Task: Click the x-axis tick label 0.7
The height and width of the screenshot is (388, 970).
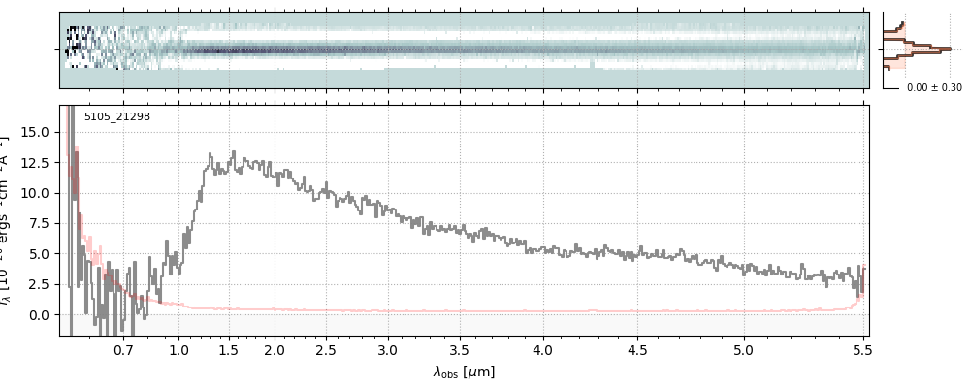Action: (x=123, y=349)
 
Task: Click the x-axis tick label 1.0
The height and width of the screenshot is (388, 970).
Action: (x=178, y=349)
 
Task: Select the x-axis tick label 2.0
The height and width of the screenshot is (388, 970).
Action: (x=275, y=349)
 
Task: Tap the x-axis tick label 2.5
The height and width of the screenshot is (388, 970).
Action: (x=326, y=349)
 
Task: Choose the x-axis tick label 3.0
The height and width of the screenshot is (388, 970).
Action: (x=388, y=349)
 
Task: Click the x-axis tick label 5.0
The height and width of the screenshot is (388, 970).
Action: (x=743, y=349)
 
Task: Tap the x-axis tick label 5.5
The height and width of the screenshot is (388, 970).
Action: (x=860, y=349)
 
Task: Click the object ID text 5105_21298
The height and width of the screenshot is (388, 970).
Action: (x=116, y=117)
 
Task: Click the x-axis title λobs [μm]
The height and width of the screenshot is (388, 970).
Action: (x=464, y=372)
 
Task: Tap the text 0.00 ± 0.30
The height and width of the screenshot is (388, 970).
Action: (x=934, y=88)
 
